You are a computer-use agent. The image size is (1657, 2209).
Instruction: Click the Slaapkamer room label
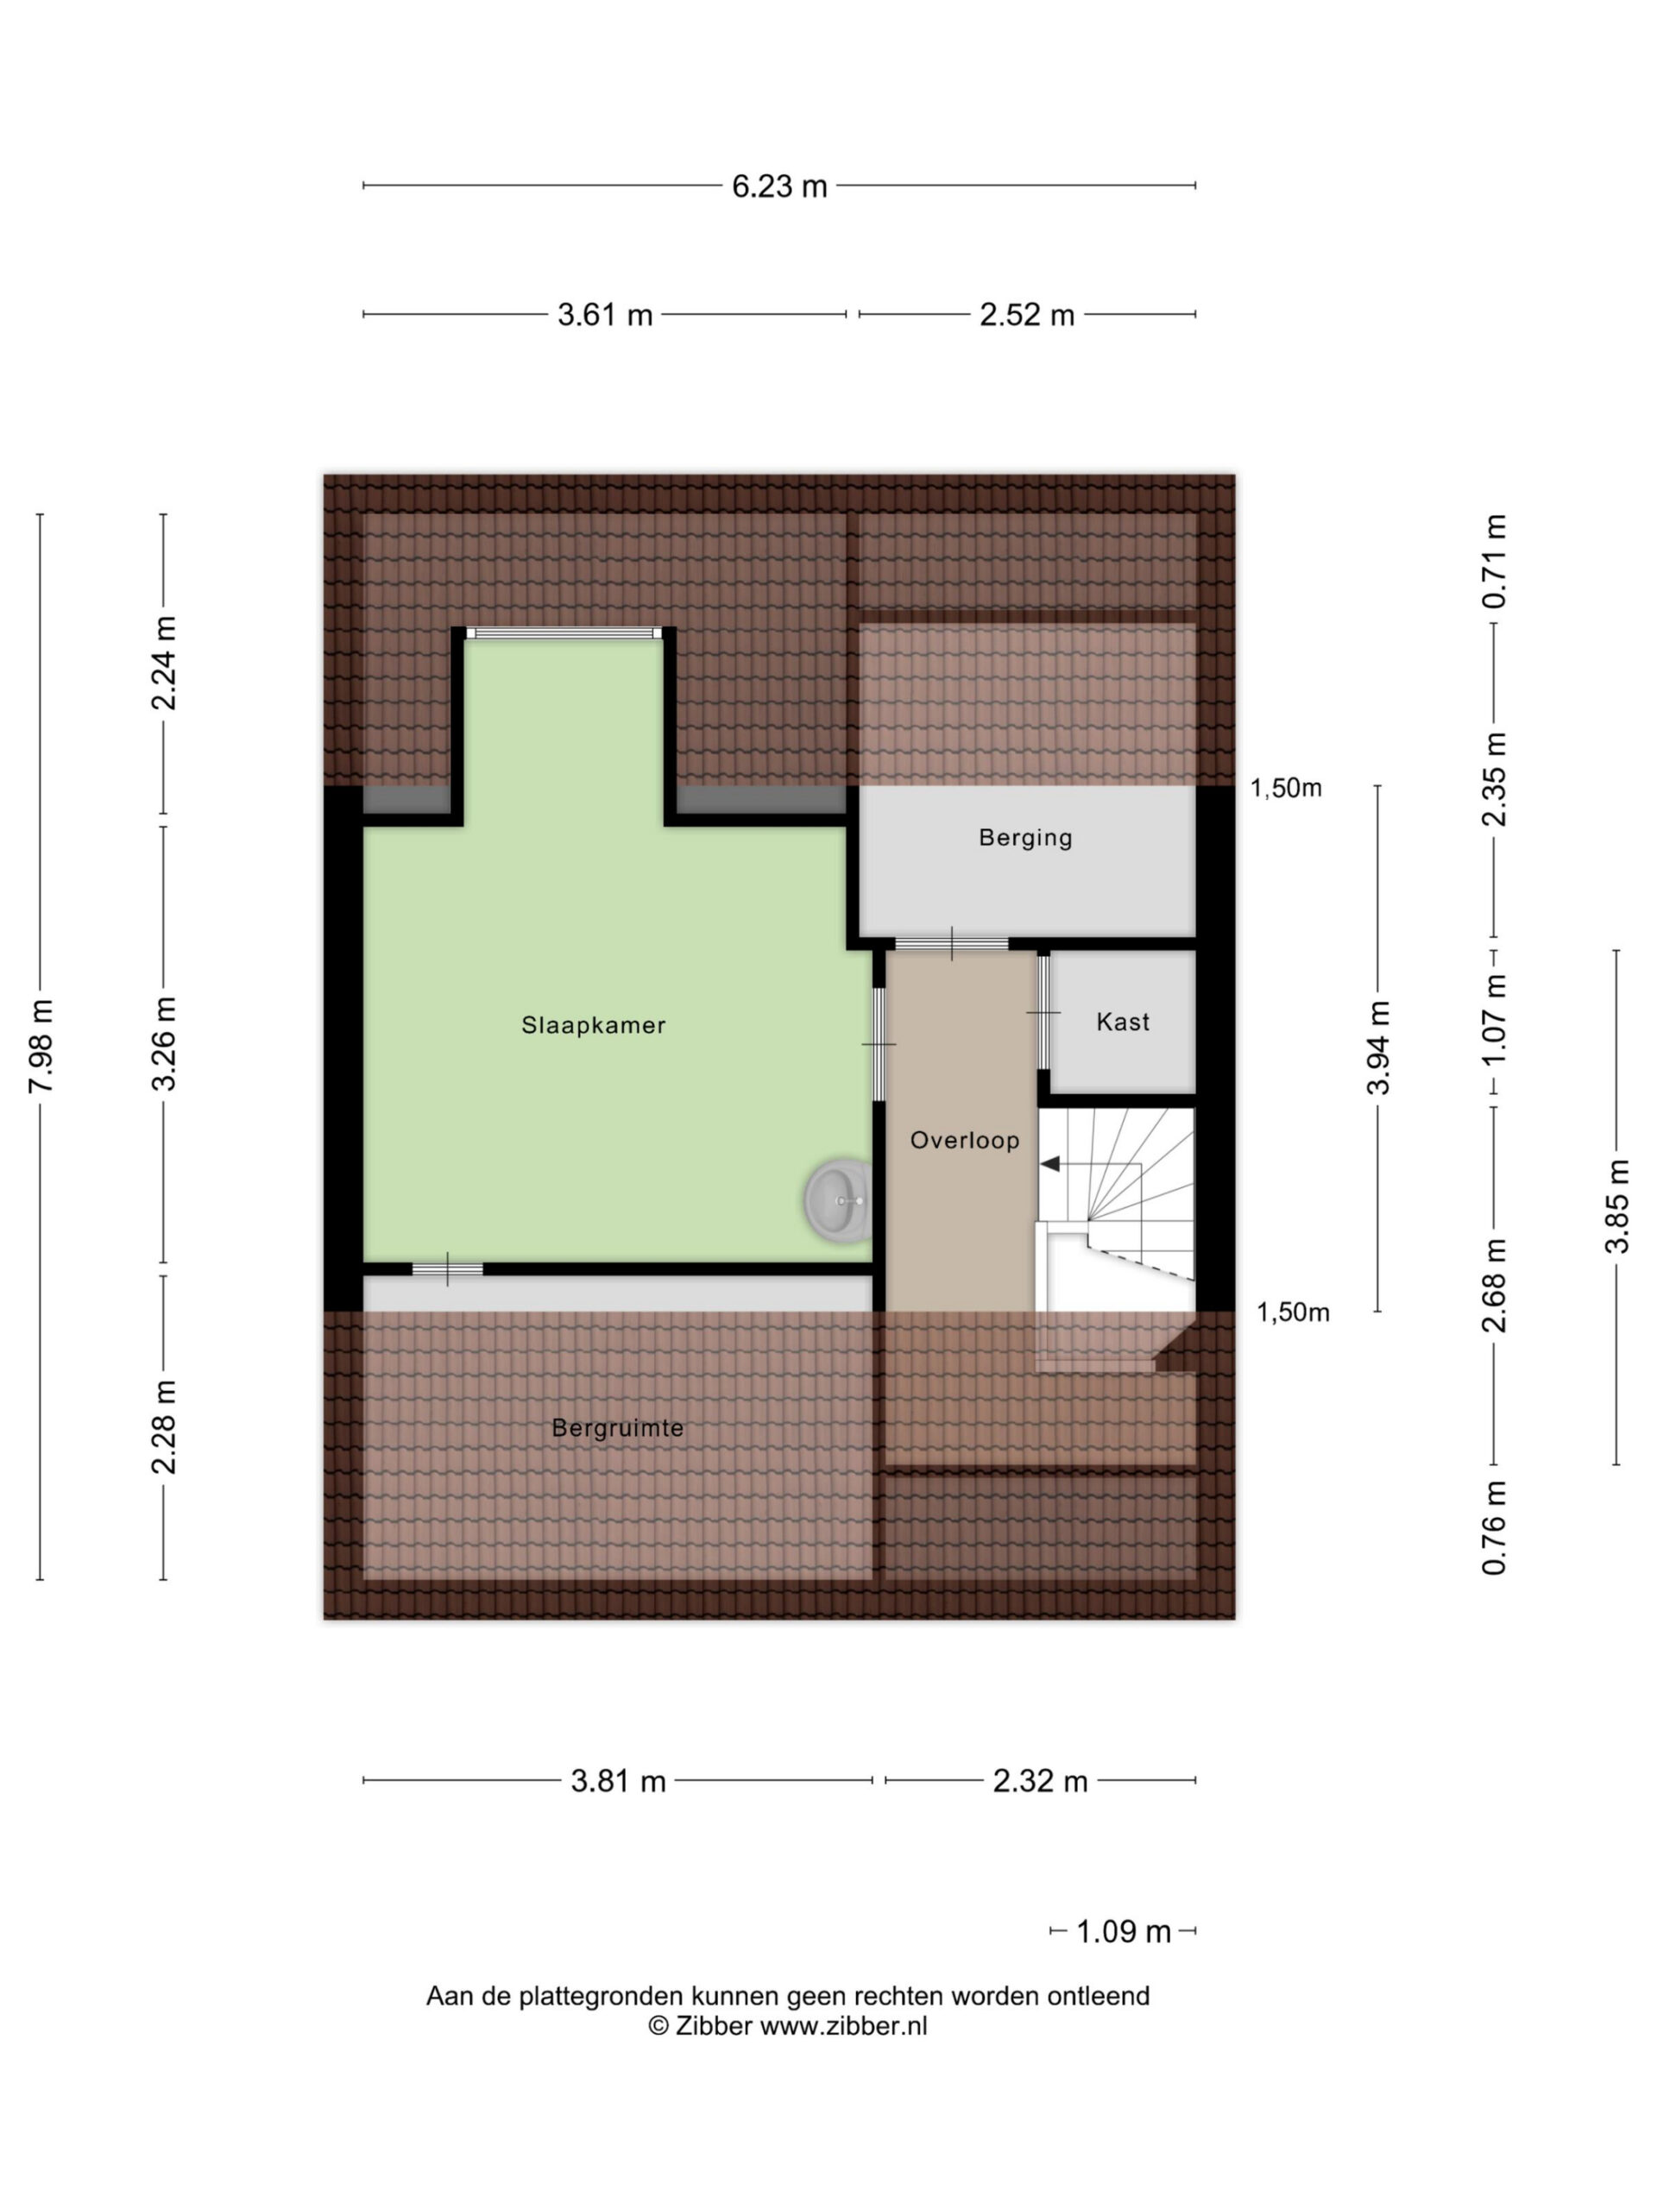(593, 1024)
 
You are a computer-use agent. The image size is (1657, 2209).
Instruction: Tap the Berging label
(1026, 837)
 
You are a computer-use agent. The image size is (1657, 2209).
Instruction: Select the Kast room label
(1124, 1022)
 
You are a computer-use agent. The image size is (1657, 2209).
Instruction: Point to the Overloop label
(965, 1141)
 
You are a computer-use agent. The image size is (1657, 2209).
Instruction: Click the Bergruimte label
(618, 1428)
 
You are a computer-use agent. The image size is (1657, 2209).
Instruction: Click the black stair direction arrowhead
(1049, 1163)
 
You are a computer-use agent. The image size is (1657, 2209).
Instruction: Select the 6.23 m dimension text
(780, 186)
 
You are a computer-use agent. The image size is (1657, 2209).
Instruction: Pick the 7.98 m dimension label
(41, 1046)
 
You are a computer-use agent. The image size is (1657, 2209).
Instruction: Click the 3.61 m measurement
(605, 316)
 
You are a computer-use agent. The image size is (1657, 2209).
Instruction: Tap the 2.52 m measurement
(1027, 316)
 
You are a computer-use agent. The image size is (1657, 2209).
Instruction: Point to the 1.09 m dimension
(1124, 1932)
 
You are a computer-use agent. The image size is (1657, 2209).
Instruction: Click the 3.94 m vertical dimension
(1378, 1048)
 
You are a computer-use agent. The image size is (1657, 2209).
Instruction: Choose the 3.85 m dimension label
(1617, 1206)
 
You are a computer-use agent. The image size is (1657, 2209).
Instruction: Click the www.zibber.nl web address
(844, 2025)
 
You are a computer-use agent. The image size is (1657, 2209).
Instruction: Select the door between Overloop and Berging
(952, 944)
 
